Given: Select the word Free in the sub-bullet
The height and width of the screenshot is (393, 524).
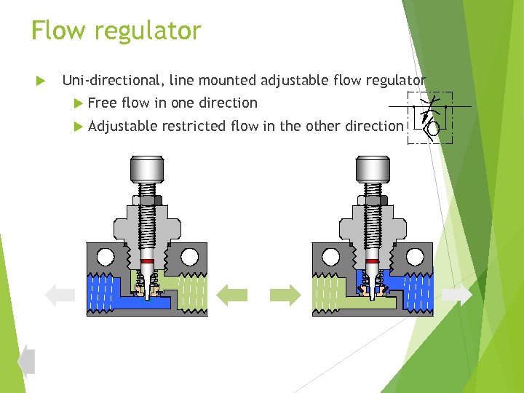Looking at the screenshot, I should pos(102,103).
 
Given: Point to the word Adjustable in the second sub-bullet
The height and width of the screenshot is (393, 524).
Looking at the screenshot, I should pos(122,126).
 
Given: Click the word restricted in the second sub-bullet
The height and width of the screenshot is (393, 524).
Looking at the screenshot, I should pos(194,126).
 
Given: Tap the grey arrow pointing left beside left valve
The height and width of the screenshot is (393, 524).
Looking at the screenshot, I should pos(60,294).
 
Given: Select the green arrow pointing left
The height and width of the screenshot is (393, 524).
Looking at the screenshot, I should pos(232,294).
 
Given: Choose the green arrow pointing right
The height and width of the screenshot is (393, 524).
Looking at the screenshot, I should pos(285,294).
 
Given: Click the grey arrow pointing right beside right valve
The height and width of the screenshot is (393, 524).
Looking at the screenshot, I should pos(456,294).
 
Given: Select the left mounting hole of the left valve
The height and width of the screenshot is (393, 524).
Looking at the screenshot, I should pos(105,256).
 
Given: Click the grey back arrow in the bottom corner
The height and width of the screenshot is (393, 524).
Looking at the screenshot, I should pos(26,360).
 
